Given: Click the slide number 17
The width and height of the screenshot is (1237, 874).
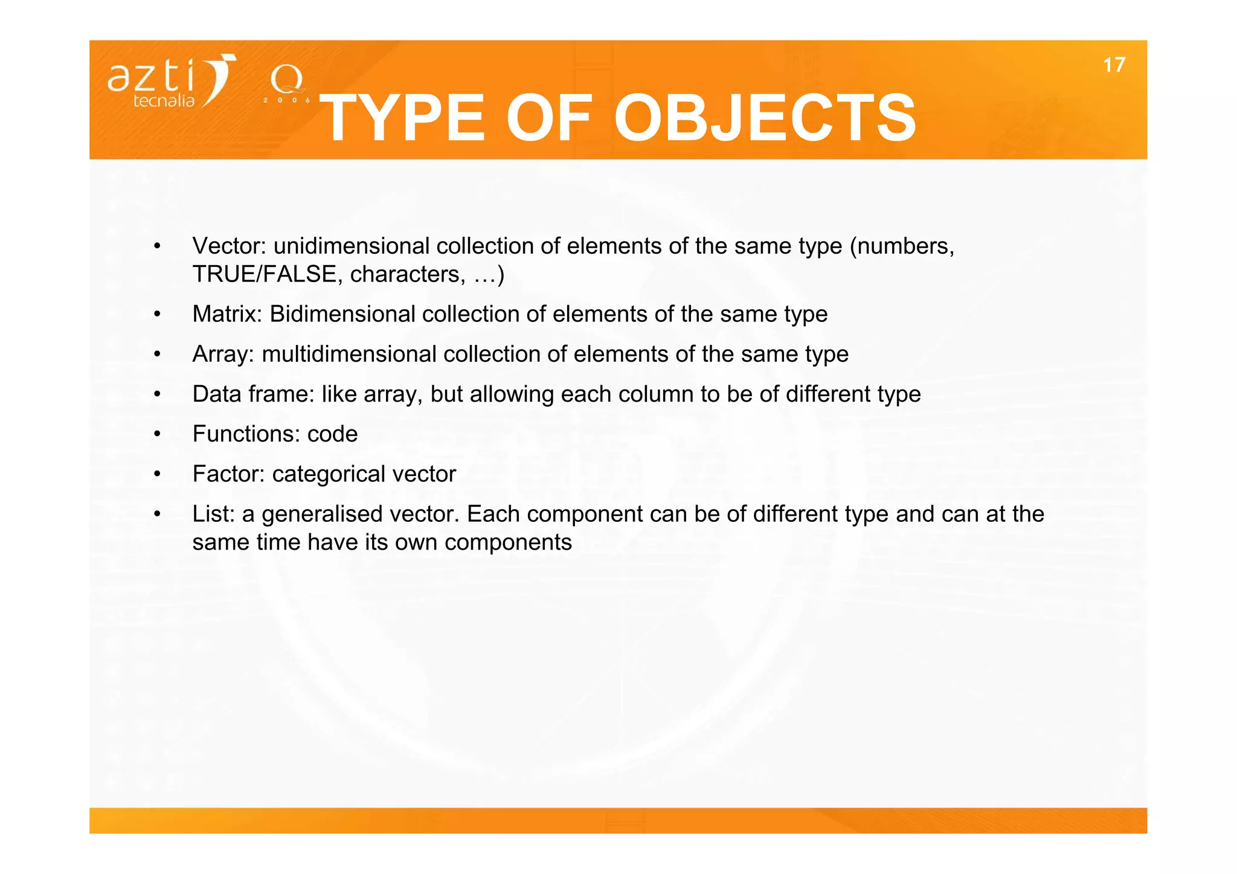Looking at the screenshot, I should pyautogui.click(x=1114, y=65).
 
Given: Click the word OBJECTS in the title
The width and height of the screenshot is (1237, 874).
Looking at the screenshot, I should pyautogui.click(x=765, y=118).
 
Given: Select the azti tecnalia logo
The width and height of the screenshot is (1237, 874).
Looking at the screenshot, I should pyautogui.click(x=172, y=82).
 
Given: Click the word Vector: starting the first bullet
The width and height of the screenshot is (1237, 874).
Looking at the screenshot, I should pyautogui.click(x=230, y=246).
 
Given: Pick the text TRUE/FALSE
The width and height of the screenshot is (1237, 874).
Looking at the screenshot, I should pyautogui.click(x=264, y=275).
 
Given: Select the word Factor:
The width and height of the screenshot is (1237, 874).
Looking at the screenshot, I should pyautogui.click(x=228, y=474).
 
